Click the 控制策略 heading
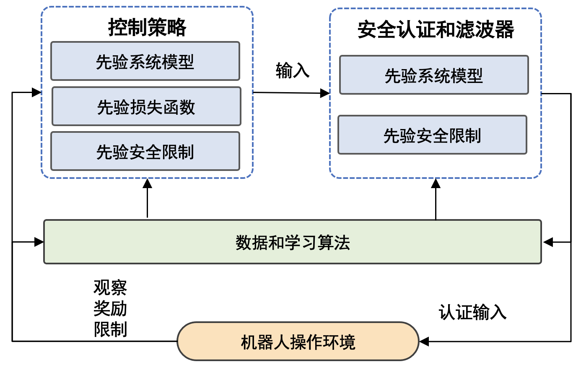(147, 28)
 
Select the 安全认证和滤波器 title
(436, 30)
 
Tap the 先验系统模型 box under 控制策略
(145, 61)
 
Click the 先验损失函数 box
(146, 106)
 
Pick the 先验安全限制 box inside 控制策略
(145, 151)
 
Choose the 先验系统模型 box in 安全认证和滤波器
(434, 75)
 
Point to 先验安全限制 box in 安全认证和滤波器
(432, 135)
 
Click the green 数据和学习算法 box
(293, 242)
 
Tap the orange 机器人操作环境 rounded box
(298, 341)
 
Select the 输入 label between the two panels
(293, 70)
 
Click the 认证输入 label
(472, 312)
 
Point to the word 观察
(110, 287)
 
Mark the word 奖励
(110, 308)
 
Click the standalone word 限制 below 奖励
(110, 329)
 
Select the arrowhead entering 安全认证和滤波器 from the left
(325, 93)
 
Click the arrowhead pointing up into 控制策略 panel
(147, 183)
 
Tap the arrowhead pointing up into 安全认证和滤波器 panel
(436, 183)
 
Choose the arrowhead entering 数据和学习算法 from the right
(547, 242)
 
